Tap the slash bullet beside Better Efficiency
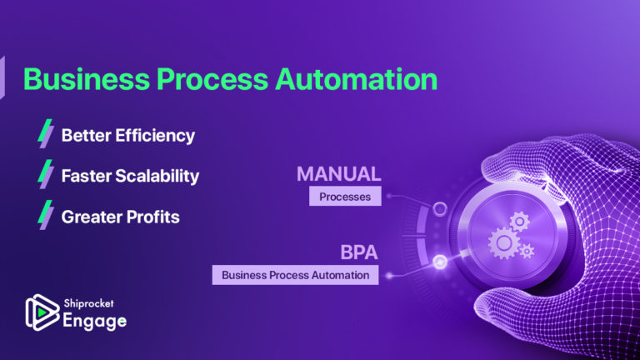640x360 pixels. [46, 133]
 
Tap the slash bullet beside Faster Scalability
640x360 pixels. [46, 175]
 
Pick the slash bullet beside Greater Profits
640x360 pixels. [46, 216]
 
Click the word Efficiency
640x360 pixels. [157, 135]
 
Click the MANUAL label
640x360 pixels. [338, 174]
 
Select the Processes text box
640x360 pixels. [344, 197]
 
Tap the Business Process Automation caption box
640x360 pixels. [295, 274]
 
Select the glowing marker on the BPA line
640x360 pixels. [439, 262]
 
